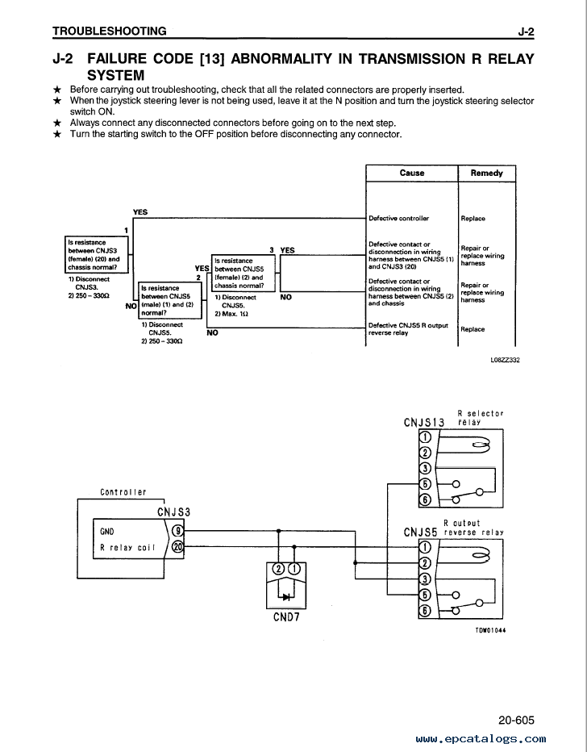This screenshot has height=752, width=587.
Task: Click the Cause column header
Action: (x=411, y=173)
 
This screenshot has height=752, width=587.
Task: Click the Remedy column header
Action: (x=486, y=173)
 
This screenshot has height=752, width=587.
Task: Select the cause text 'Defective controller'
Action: (x=398, y=218)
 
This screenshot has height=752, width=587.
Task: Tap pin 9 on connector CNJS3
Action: (x=177, y=531)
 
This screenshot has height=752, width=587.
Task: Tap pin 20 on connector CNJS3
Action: (x=177, y=546)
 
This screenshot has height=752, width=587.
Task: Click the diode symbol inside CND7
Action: (x=286, y=597)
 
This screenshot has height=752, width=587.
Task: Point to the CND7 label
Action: (x=286, y=616)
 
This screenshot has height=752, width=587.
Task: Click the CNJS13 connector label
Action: (x=423, y=423)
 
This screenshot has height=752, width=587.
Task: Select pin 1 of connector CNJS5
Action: (x=425, y=547)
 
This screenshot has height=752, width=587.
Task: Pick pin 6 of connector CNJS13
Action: (x=425, y=499)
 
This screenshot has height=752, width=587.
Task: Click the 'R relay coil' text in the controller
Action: (x=127, y=547)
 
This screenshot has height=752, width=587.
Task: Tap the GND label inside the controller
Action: (x=107, y=532)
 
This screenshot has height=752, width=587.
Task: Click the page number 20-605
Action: (x=516, y=720)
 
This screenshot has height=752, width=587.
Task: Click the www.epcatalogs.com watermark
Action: (x=481, y=739)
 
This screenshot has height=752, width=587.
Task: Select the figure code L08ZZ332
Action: (x=505, y=360)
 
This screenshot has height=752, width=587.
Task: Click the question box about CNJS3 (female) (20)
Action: (x=97, y=255)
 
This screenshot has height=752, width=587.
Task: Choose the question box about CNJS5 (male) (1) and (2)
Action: (x=170, y=300)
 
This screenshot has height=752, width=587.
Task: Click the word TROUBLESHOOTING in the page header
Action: (x=109, y=31)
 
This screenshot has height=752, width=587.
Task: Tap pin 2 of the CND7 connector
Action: (x=278, y=570)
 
